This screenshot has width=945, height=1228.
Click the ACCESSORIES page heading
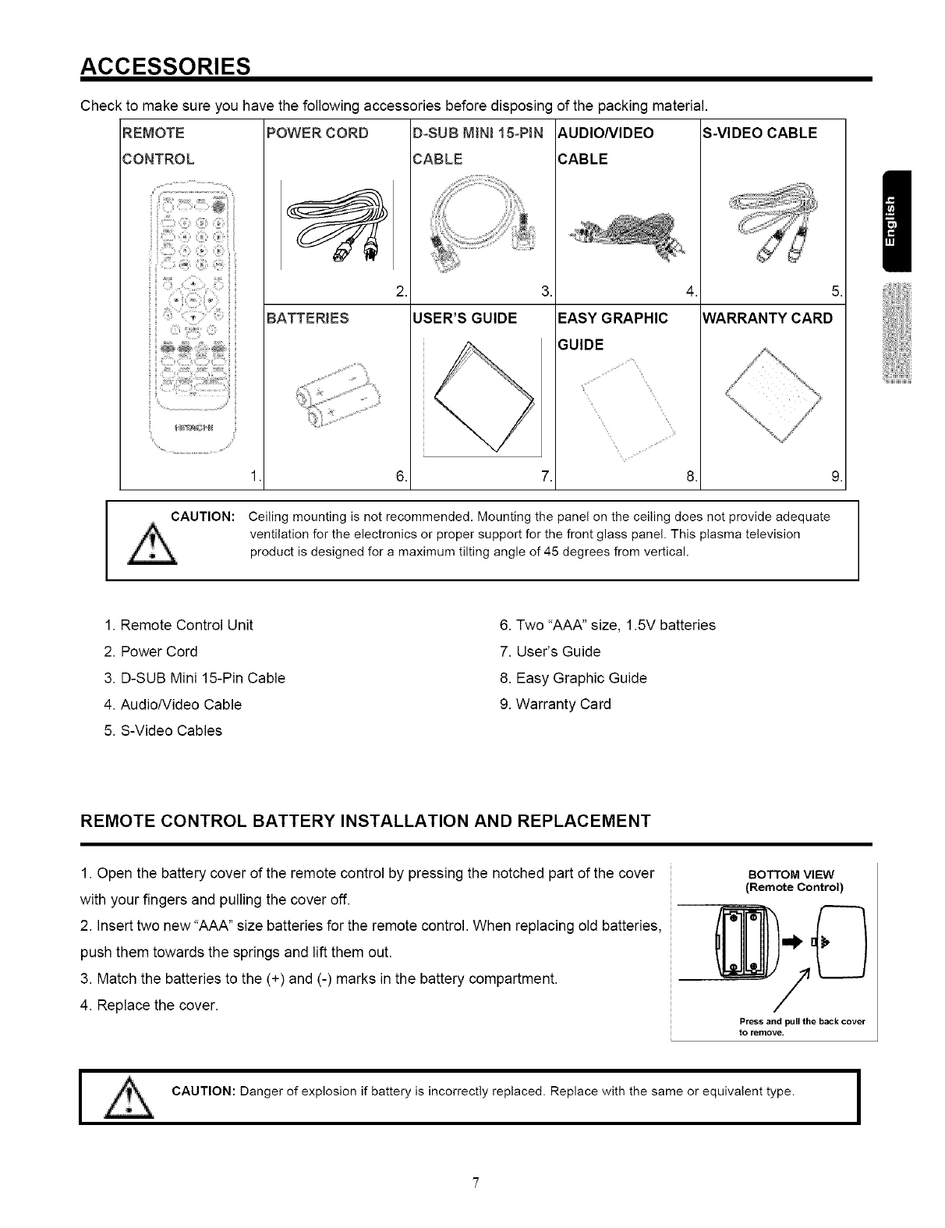click(165, 63)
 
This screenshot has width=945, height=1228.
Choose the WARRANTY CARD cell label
click(768, 318)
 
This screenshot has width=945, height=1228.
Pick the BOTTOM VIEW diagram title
click(791, 873)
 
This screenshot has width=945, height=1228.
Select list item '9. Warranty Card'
click(555, 705)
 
